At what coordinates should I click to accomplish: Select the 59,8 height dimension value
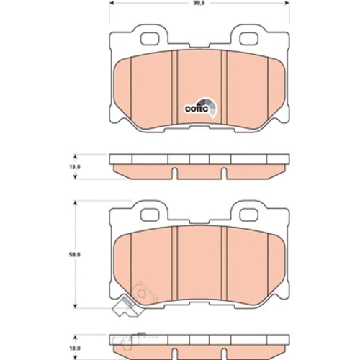(65, 253)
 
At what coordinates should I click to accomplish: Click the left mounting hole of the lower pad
(150, 213)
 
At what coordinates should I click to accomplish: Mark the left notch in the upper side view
(176, 171)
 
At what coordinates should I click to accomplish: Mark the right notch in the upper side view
(223, 171)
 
